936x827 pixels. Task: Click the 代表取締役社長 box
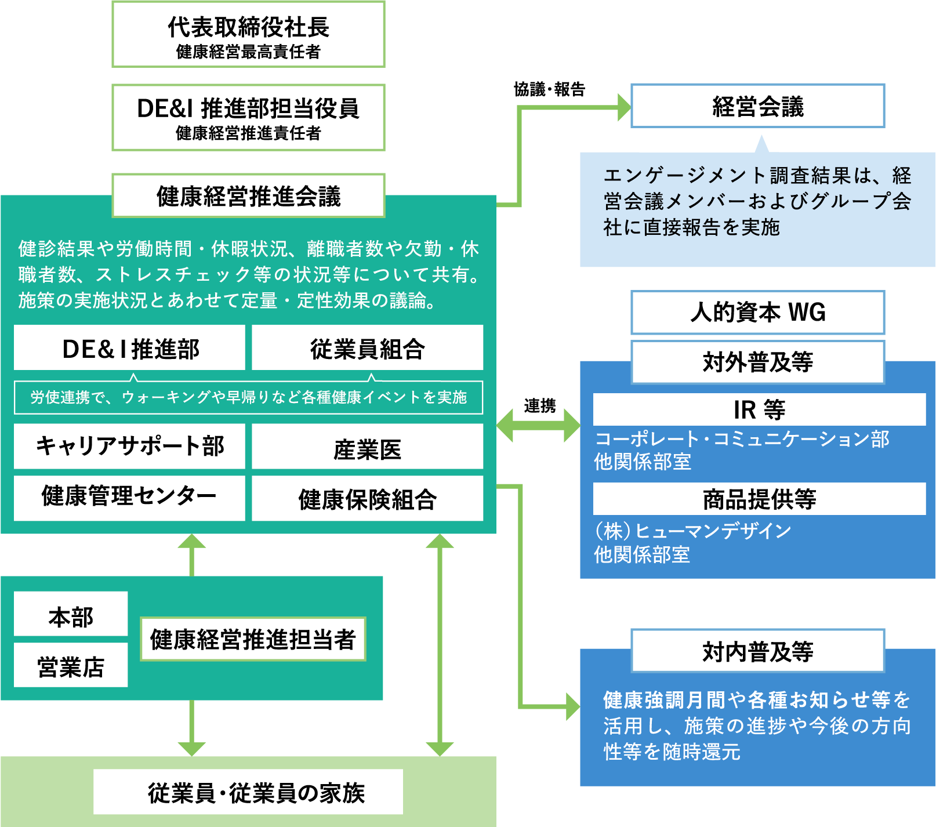[x=248, y=35]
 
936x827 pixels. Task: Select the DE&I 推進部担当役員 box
[x=248, y=118]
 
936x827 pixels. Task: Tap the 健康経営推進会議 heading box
[x=248, y=196]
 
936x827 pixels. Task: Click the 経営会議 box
[x=757, y=106]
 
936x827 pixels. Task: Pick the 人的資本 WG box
[x=757, y=313]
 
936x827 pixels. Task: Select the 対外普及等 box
[x=757, y=362]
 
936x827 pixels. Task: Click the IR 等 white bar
[x=759, y=409]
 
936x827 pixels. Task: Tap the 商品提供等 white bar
[x=759, y=499]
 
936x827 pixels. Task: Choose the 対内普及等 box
[x=757, y=651]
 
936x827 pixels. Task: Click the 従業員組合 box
[x=367, y=348]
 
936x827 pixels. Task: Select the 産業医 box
[x=367, y=448]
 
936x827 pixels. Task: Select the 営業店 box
[x=71, y=665]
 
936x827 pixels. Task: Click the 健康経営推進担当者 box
[x=253, y=639]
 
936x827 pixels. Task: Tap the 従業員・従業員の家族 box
[x=248, y=792]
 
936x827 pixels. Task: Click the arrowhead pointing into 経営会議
[x=624, y=107]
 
